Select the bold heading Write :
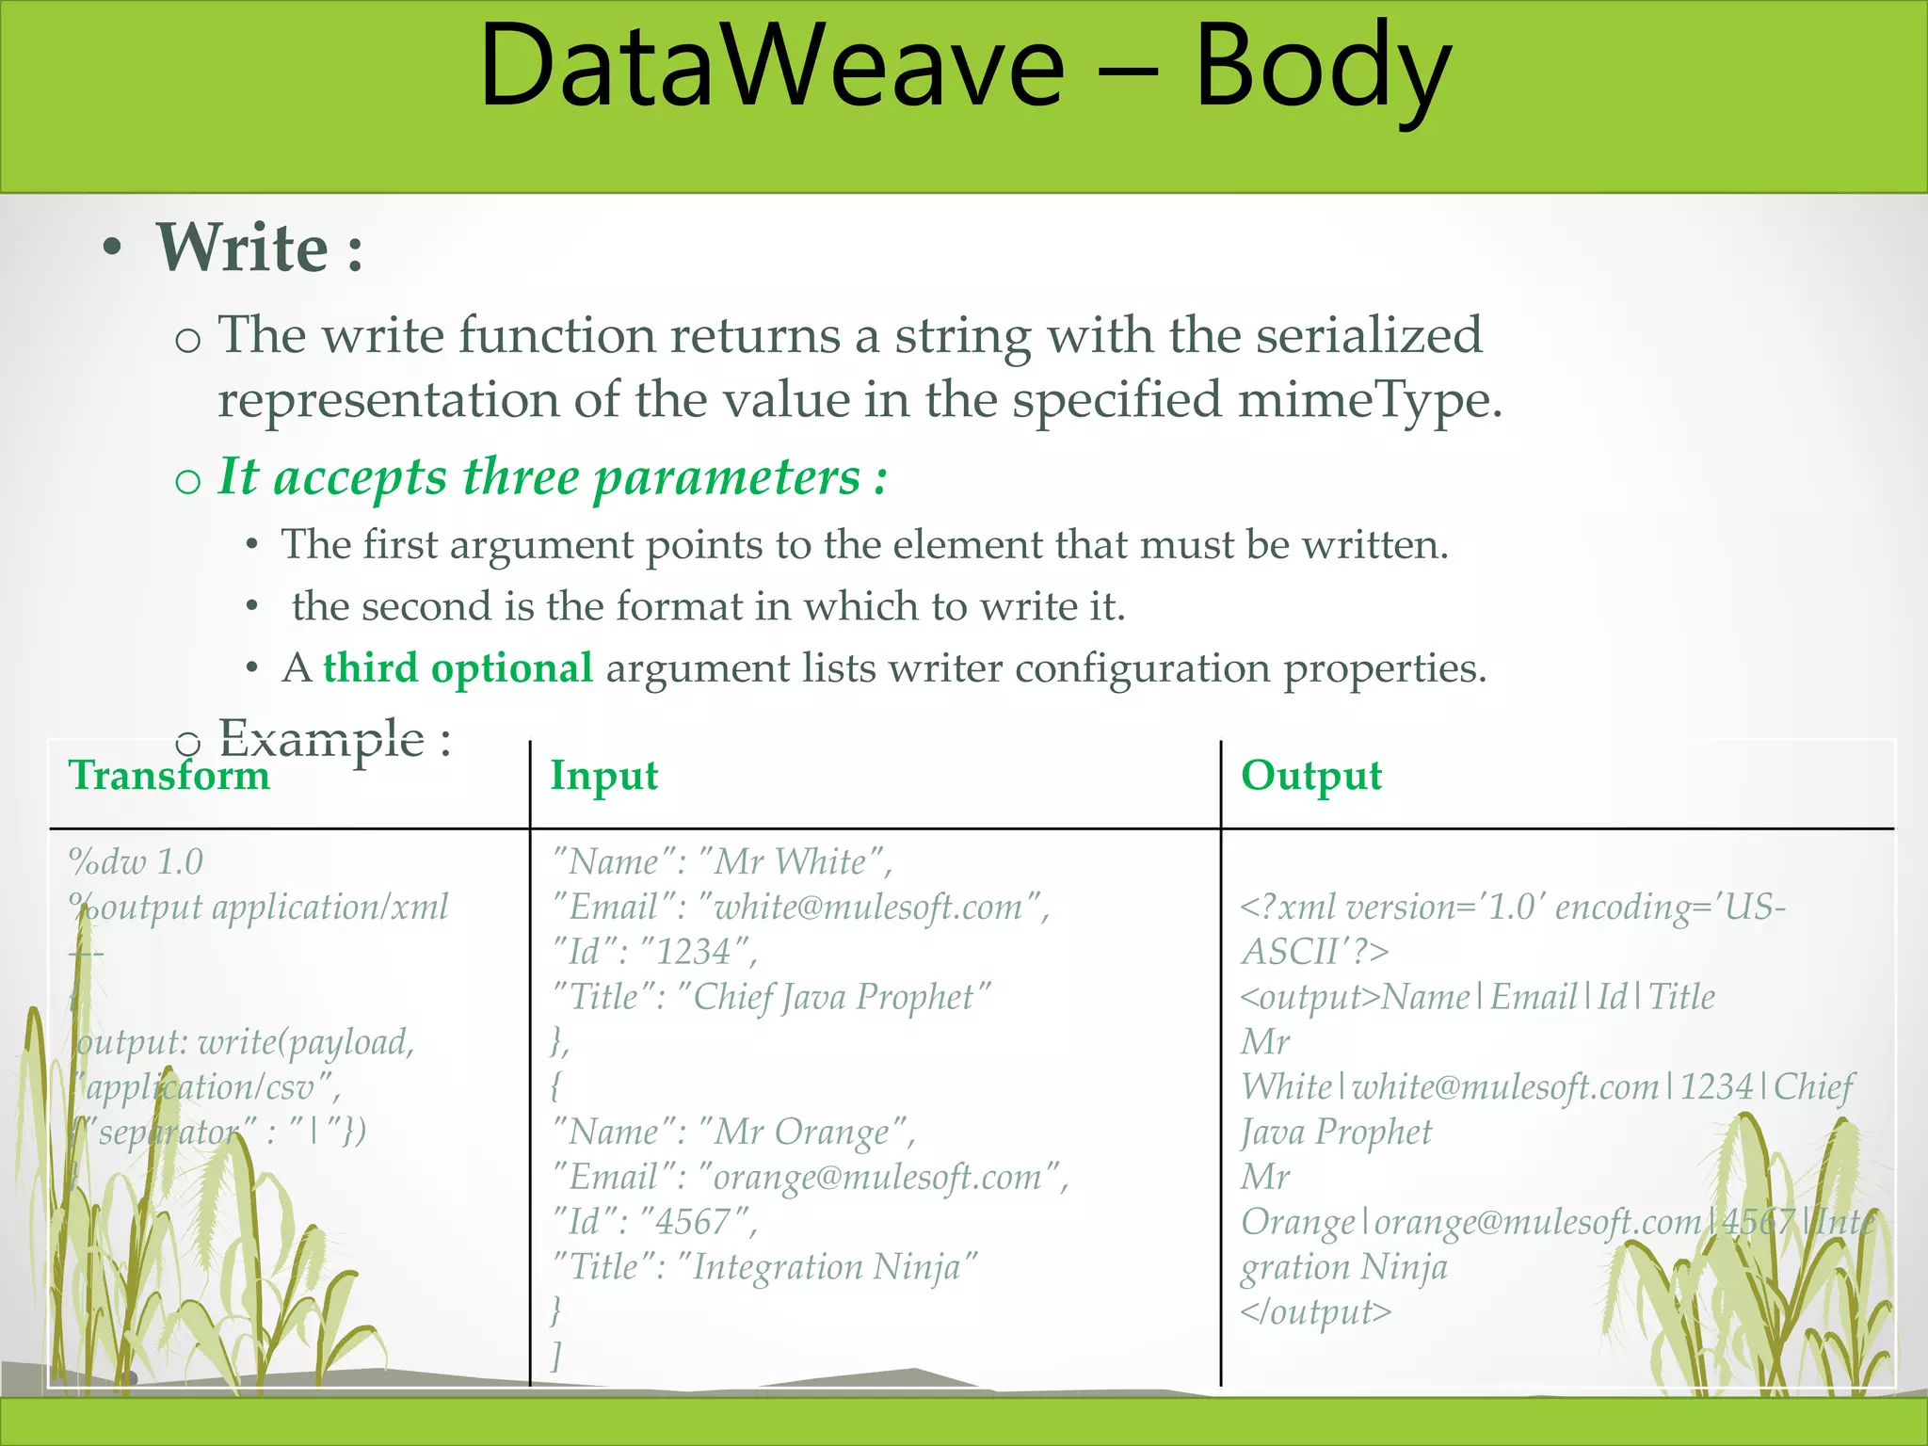coord(260,249)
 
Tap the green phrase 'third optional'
coord(458,668)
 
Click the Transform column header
coord(169,776)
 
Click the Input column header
coord(603,776)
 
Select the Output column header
coord(1310,776)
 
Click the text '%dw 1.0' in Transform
coord(136,861)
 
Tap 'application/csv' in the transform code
coord(201,1087)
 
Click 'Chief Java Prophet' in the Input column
coord(832,997)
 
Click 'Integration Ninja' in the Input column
coord(826,1267)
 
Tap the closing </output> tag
coord(1315,1311)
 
